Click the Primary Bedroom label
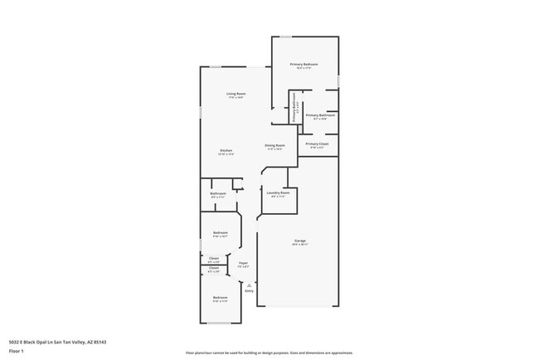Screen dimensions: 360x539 point(304,64)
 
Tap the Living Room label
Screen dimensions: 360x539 point(236,94)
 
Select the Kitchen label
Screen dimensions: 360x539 point(226,150)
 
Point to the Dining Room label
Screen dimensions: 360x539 point(274,145)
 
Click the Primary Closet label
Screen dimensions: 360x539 point(318,144)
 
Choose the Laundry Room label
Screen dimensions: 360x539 point(278,192)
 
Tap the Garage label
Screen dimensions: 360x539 point(299,241)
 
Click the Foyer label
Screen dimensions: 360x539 point(244,263)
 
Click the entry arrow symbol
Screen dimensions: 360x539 point(249,284)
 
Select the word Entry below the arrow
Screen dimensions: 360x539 point(249,290)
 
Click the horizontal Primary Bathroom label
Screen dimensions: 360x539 point(320,115)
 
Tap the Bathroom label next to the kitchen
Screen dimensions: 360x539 point(218,193)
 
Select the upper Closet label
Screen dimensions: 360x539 point(214,258)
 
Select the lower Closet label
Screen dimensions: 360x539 point(214,267)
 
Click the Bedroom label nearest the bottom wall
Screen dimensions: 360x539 point(220,297)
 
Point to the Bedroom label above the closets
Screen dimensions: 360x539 point(221,232)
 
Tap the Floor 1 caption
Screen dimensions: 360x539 point(17,351)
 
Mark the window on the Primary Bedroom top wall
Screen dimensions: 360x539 point(285,36)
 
